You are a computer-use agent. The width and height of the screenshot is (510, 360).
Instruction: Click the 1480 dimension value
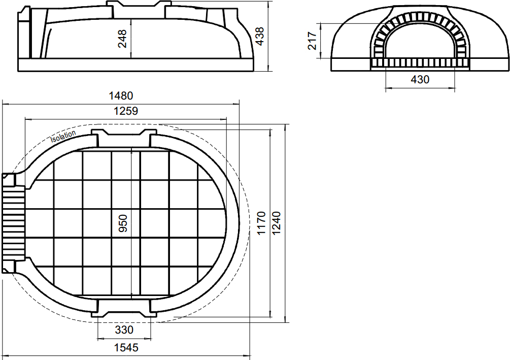(121, 95)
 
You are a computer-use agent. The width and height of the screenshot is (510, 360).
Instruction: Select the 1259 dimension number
(125, 111)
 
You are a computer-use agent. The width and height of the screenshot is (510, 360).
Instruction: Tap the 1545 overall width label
(126, 348)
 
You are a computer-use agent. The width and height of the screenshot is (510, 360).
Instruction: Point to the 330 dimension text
(124, 330)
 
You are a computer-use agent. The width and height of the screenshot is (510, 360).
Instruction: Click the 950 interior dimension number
(123, 223)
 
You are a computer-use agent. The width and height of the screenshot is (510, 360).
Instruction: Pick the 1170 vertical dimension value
(261, 223)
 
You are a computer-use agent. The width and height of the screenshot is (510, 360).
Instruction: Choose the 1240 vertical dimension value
(276, 223)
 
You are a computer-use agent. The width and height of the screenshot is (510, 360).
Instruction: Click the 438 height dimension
(259, 36)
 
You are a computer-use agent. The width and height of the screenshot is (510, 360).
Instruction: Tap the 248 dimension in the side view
(122, 39)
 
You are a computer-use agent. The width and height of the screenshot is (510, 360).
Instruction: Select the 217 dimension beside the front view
(312, 41)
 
